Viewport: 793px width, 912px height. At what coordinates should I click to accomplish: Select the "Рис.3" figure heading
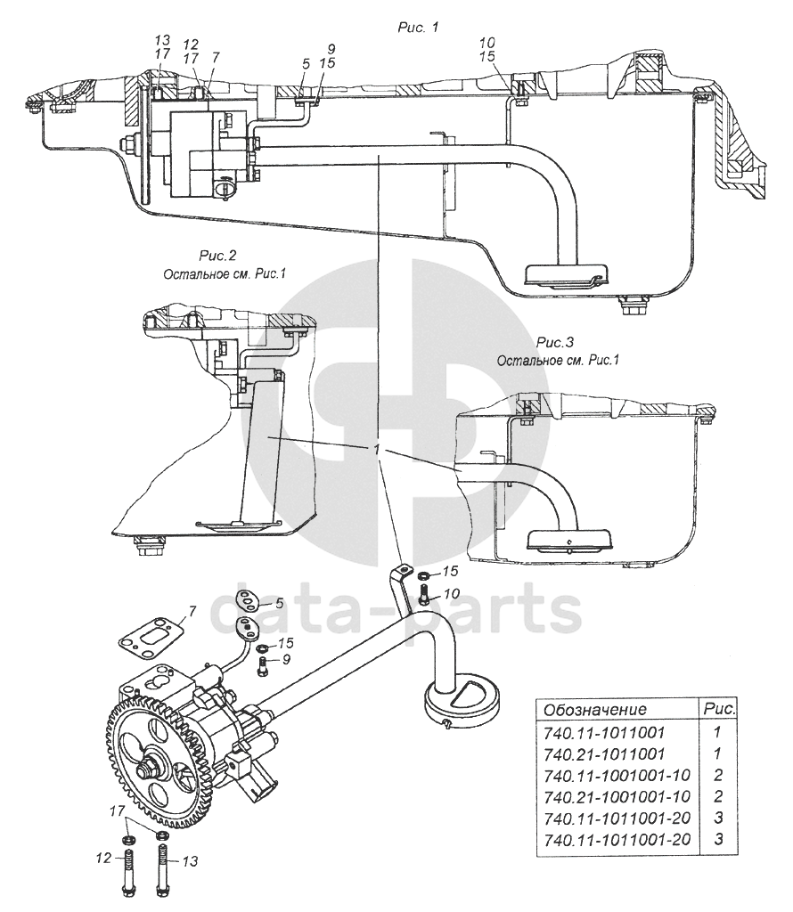[557, 343]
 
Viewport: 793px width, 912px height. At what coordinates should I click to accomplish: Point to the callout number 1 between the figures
[379, 451]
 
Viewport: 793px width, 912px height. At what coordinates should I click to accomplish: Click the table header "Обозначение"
[594, 710]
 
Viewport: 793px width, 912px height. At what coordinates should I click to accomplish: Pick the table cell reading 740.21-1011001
[603, 753]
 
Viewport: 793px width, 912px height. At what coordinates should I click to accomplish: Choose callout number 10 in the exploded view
[451, 593]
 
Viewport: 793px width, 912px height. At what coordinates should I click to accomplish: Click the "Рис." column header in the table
[718, 710]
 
